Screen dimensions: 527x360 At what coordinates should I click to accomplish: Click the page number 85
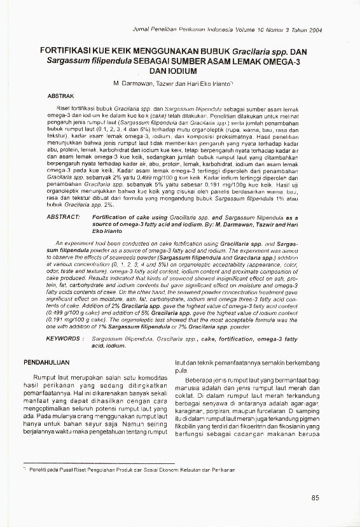(x=315, y=498)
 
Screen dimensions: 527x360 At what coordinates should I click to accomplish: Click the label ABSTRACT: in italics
(x=63, y=217)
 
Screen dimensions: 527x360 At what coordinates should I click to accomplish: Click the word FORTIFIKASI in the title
(x=64, y=50)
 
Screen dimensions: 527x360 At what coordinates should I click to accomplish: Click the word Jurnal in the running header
(x=141, y=30)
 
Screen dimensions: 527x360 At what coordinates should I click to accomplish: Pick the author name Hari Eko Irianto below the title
(x=209, y=83)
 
